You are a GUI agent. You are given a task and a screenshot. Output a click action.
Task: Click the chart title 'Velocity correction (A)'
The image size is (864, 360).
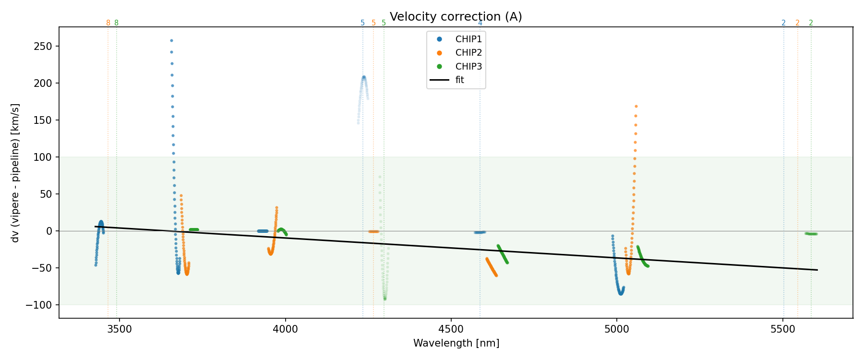[456, 17]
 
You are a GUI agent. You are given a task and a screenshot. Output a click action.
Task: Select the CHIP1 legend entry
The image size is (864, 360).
[468, 39]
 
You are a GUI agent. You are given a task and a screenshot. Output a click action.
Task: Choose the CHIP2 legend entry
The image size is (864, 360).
[468, 53]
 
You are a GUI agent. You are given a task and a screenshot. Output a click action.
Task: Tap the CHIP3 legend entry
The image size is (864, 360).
[468, 67]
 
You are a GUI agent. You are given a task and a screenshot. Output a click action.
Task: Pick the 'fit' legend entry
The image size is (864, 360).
[459, 80]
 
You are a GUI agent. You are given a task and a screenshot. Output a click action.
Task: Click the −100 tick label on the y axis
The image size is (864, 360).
[44, 305]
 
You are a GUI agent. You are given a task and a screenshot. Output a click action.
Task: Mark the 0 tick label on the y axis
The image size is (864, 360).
[49, 231]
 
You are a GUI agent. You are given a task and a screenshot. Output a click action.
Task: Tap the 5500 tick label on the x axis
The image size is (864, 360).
[783, 330]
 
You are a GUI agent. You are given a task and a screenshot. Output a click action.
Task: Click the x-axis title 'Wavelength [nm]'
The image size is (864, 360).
[456, 343]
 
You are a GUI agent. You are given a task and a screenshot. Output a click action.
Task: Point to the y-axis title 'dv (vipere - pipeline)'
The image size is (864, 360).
[15, 173]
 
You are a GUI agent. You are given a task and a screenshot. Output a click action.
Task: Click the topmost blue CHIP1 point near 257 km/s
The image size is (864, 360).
[171, 41]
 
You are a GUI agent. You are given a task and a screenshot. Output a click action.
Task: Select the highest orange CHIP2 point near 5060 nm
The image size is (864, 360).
[636, 106]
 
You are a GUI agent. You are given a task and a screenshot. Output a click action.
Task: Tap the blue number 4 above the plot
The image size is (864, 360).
[480, 23]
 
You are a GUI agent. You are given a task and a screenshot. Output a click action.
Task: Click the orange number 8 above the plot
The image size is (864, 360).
[108, 23]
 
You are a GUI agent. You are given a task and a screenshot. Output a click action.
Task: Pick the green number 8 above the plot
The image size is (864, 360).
[116, 23]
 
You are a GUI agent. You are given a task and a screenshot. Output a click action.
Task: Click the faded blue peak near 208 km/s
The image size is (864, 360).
[364, 77]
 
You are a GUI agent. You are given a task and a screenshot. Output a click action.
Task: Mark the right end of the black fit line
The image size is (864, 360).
[817, 270]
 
